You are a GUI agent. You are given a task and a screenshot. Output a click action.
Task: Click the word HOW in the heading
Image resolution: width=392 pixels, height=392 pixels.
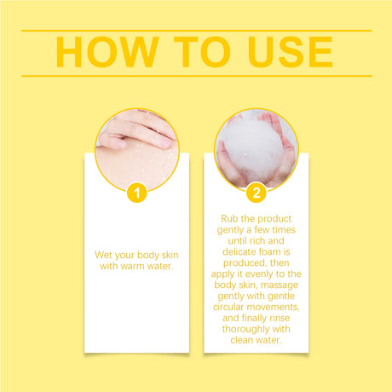[107, 52]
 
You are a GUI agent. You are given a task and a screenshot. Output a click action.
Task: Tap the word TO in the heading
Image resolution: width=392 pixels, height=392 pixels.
[202, 52]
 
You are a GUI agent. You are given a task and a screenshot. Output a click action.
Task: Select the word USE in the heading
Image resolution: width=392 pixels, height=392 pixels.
[290, 52]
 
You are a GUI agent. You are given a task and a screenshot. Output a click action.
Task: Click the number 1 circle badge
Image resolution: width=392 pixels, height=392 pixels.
[137, 193]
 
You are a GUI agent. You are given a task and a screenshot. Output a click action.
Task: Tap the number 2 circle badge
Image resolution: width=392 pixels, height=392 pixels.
[257, 193]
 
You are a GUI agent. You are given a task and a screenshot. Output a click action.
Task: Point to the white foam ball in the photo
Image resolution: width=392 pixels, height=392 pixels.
[251, 149]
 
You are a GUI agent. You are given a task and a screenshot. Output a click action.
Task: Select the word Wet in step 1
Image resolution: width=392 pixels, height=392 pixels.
[103, 255]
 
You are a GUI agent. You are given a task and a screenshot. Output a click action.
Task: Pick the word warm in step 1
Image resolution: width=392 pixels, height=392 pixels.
[131, 266]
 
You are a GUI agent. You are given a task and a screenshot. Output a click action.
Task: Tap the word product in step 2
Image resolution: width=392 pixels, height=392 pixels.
[274, 219]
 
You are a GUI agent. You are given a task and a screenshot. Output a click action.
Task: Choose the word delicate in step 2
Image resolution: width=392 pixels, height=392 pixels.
[239, 252]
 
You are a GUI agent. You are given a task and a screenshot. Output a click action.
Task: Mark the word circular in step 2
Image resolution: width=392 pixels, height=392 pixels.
[228, 307]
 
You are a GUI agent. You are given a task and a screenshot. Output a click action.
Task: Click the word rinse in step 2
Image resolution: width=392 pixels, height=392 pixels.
[280, 318]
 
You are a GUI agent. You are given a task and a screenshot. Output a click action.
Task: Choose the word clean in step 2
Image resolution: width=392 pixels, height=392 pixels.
[242, 340]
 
